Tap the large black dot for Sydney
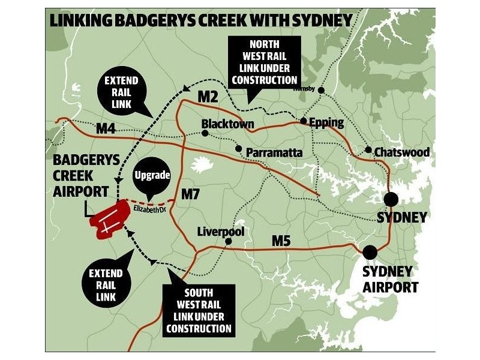[392, 199]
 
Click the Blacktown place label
[227, 124]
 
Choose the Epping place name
[326, 123]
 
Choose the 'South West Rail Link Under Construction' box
[199, 309]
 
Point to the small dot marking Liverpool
[228, 242]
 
